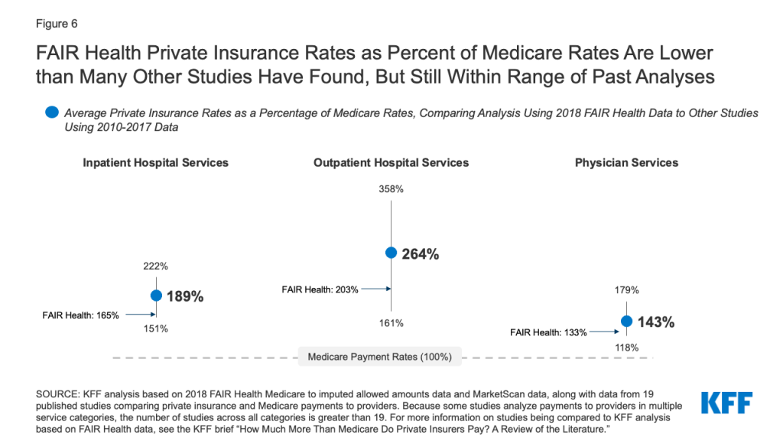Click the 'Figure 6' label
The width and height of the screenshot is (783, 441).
pyautogui.click(x=57, y=24)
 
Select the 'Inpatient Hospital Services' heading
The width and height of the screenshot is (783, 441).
pyautogui.click(x=155, y=162)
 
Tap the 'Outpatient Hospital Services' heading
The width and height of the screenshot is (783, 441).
pyautogui.click(x=391, y=162)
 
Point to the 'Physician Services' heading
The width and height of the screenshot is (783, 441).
pyautogui.click(x=626, y=162)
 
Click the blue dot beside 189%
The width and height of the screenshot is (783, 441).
pyautogui.click(x=156, y=296)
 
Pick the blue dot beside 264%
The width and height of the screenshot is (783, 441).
pyautogui.click(x=391, y=253)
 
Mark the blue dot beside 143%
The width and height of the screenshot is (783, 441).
pyautogui.click(x=627, y=321)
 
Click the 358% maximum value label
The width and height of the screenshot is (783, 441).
pyautogui.click(x=391, y=189)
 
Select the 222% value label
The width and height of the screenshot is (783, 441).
pyautogui.click(x=156, y=266)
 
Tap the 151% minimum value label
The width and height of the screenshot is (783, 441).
pyautogui.click(x=156, y=328)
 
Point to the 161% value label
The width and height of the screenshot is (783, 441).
pyautogui.click(x=391, y=323)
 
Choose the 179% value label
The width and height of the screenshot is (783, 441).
pyautogui.click(x=627, y=290)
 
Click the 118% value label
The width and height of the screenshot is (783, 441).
pyautogui.click(x=627, y=348)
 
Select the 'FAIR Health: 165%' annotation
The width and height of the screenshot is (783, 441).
pyautogui.click(x=80, y=315)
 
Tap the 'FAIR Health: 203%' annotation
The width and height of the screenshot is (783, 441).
pyautogui.click(x=320, y=289)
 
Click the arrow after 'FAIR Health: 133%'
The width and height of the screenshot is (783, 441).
pyautogui.click(x=604, y=332)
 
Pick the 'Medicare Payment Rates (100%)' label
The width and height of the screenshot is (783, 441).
pyautogui.click(x=379, y=357)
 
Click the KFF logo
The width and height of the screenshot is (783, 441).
pyautogui.click(x=726, y=403)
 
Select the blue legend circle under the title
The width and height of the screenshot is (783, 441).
pyautogui.click(x=52, y=113)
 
